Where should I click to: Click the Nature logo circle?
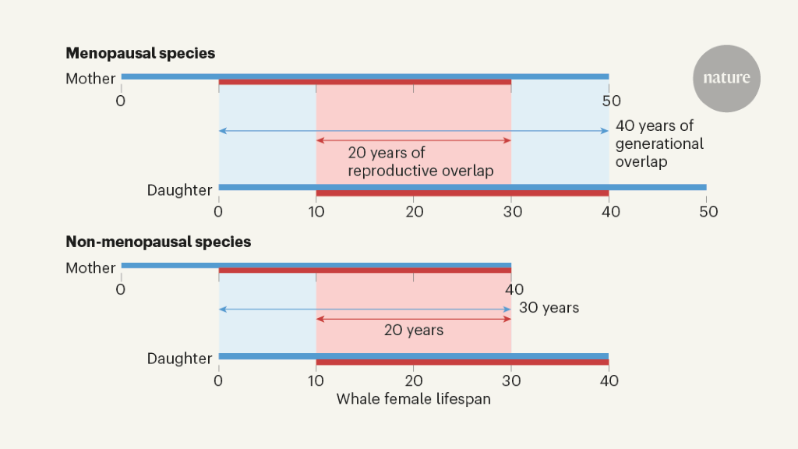726,78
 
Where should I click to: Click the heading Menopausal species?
140,54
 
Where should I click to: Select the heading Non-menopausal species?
158,242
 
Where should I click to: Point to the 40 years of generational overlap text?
659,143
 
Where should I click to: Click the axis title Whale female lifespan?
413,398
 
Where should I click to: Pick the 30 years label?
549,308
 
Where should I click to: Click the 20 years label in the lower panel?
414,331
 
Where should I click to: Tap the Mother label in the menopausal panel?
90,79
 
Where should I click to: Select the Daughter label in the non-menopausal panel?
179,359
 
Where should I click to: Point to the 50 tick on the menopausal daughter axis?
706,212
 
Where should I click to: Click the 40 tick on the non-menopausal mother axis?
514,290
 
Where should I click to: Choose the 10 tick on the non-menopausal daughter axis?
316,381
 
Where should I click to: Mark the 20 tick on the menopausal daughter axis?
414,212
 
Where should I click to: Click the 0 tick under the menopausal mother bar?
121,101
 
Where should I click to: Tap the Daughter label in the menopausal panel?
179,190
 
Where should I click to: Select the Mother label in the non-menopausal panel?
90,267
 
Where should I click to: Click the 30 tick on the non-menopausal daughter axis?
511,381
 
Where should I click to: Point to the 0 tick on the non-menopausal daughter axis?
219,381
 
